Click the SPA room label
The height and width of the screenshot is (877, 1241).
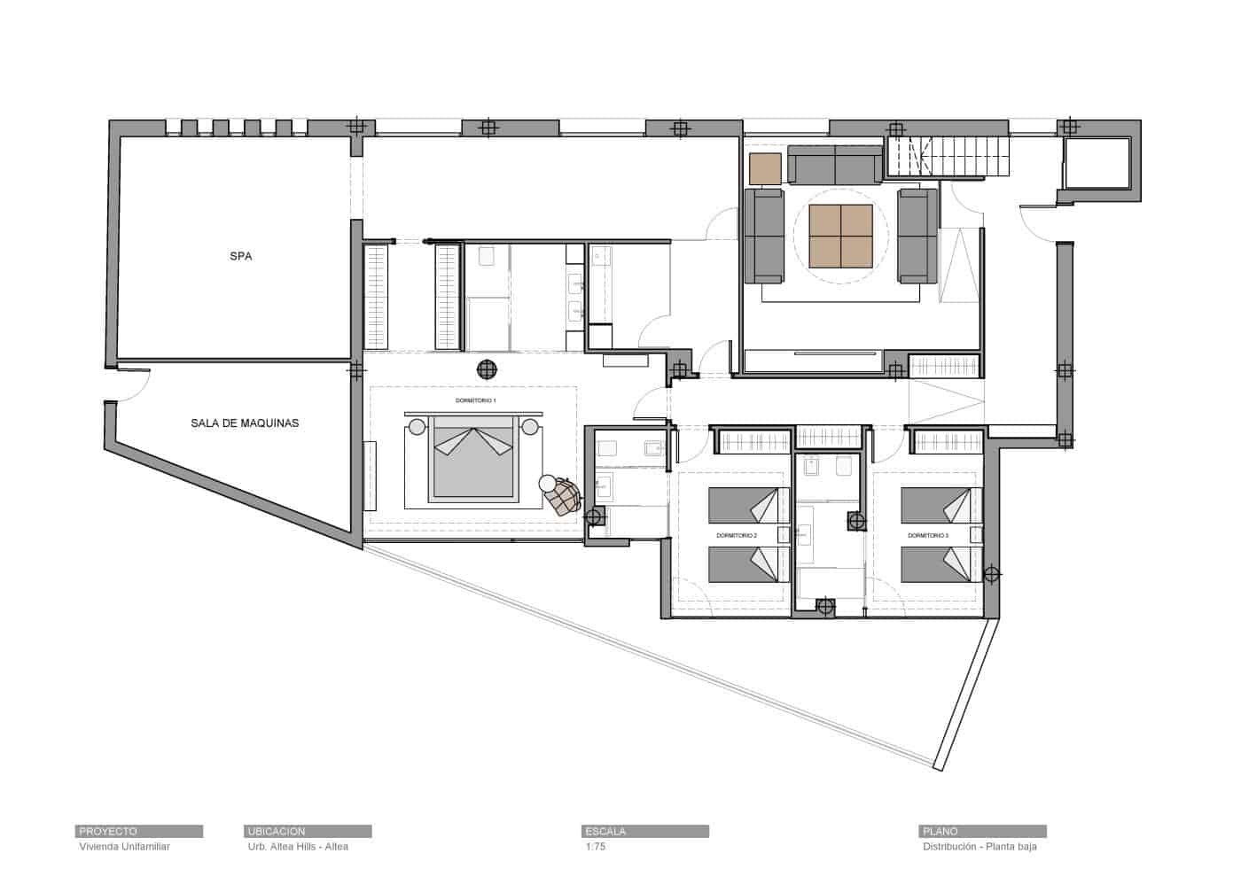(x=240, y=257)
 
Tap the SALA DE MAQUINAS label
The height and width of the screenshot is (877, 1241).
(x=245, y=423)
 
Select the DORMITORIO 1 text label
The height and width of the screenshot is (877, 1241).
(x=476, y=401)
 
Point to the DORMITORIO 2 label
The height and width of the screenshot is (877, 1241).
(x=736, y=536)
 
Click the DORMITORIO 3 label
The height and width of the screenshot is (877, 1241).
(x=928, y=536)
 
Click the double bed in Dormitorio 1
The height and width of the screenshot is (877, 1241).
(x=472, y=462)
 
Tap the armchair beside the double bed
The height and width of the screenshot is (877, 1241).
(x=561, y=497)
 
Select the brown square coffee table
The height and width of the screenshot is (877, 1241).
(x=839, y=235)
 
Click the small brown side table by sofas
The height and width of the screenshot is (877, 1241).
(x=764, y=168)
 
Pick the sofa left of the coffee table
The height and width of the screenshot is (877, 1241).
(x=763, y=236)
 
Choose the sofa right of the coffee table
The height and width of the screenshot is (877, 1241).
(x=917, y=236)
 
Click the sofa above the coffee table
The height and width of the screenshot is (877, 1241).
(x=835, y=165)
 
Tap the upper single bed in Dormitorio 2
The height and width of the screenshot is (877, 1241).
(x=748, y=507)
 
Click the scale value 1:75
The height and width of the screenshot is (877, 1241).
(x=595, y=847)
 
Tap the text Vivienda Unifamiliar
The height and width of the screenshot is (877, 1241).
(x=124, y=847)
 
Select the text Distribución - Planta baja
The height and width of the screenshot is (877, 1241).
(x=979, y=847)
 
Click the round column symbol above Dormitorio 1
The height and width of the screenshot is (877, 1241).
(x=487, y=369)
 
